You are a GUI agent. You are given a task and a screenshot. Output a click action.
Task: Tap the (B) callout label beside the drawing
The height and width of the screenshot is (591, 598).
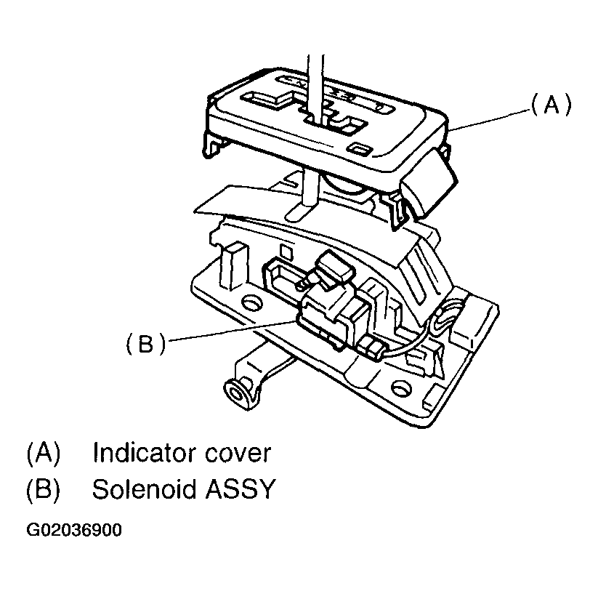[145, 344]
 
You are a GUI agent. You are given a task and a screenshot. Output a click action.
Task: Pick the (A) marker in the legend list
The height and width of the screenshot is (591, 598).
[43, 454]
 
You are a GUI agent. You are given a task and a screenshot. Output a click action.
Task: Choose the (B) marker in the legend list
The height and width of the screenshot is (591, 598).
[43, 490]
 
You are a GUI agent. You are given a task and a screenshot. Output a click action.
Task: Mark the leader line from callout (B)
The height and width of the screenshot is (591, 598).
[233, 331]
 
